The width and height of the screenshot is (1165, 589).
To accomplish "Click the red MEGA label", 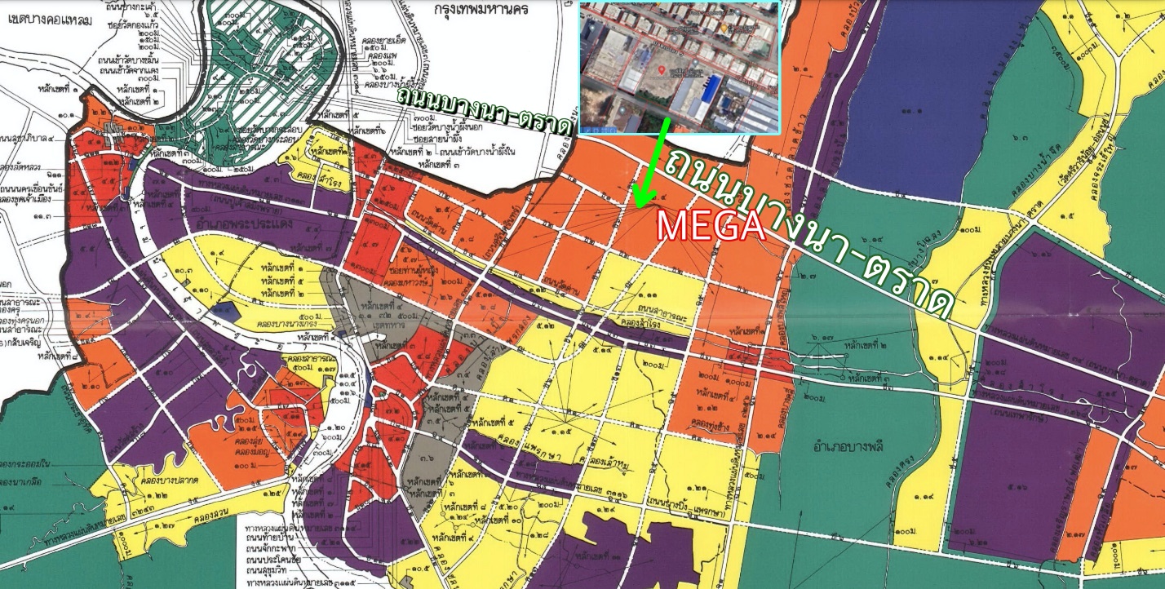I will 710,226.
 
